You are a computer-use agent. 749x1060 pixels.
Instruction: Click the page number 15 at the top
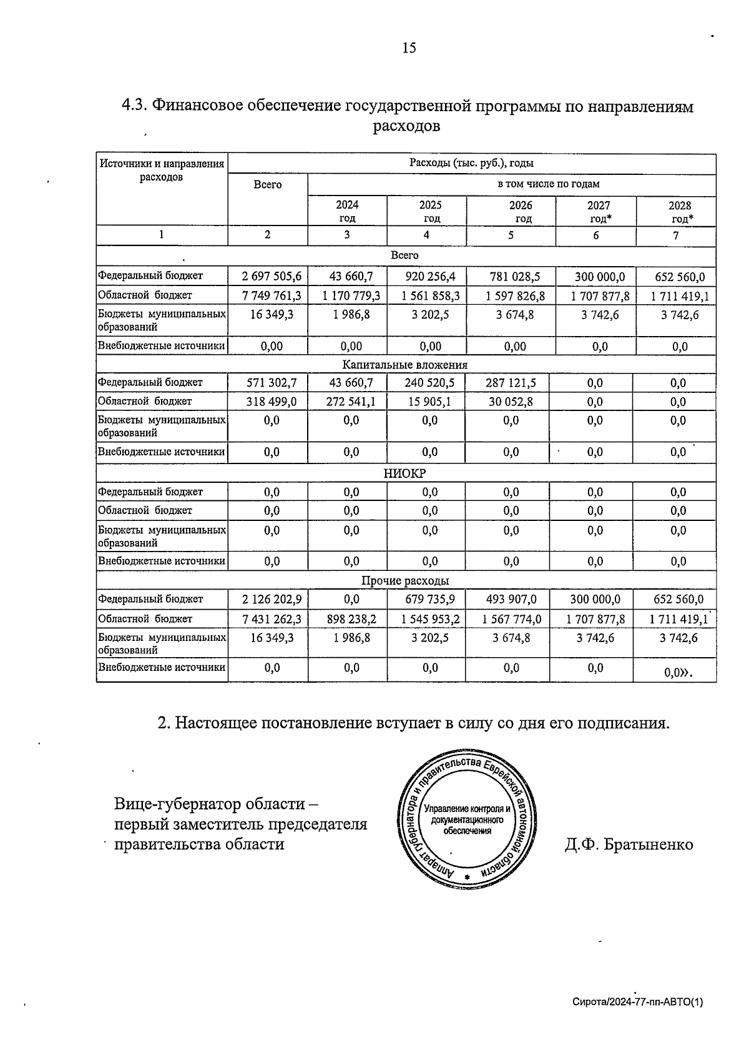coord(409,48)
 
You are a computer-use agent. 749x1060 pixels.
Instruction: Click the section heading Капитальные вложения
coord(405,365)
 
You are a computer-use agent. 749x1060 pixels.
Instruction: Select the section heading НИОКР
coord(404,473)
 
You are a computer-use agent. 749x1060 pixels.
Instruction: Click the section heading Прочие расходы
coord(405,581)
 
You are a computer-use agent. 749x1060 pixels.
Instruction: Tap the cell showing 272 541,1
coord(351,402)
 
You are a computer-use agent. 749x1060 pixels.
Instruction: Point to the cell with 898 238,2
coord(351,619)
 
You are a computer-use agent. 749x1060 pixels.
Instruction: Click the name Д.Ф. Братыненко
coord(629,845)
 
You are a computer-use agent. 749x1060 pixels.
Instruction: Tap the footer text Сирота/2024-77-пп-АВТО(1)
coord(637,1002)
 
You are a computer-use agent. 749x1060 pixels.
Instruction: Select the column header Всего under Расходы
coord(268,185)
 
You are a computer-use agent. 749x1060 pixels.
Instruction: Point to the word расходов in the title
coord(406,126)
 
